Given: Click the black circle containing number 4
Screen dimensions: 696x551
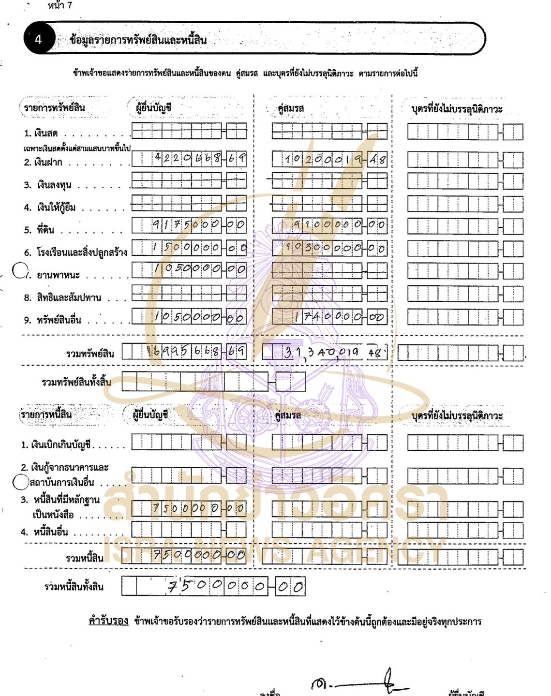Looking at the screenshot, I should click(x=39, y=39).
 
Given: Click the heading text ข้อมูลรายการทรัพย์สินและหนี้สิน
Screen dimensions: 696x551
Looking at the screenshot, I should click(x=138, y=40).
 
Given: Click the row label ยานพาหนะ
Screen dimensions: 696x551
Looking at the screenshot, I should click(x=58, y=275).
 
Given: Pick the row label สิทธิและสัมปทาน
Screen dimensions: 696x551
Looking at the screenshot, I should click(x=62, y=297).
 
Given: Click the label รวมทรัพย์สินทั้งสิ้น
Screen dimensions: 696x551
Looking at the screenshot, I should click(x=76, y=382).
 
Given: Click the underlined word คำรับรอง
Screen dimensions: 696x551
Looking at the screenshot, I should click(x=108, y=621).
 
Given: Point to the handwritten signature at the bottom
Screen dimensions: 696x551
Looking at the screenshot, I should click(x=358, y=682).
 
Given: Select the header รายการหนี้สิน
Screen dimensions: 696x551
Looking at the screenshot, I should click(x=46, y=415).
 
